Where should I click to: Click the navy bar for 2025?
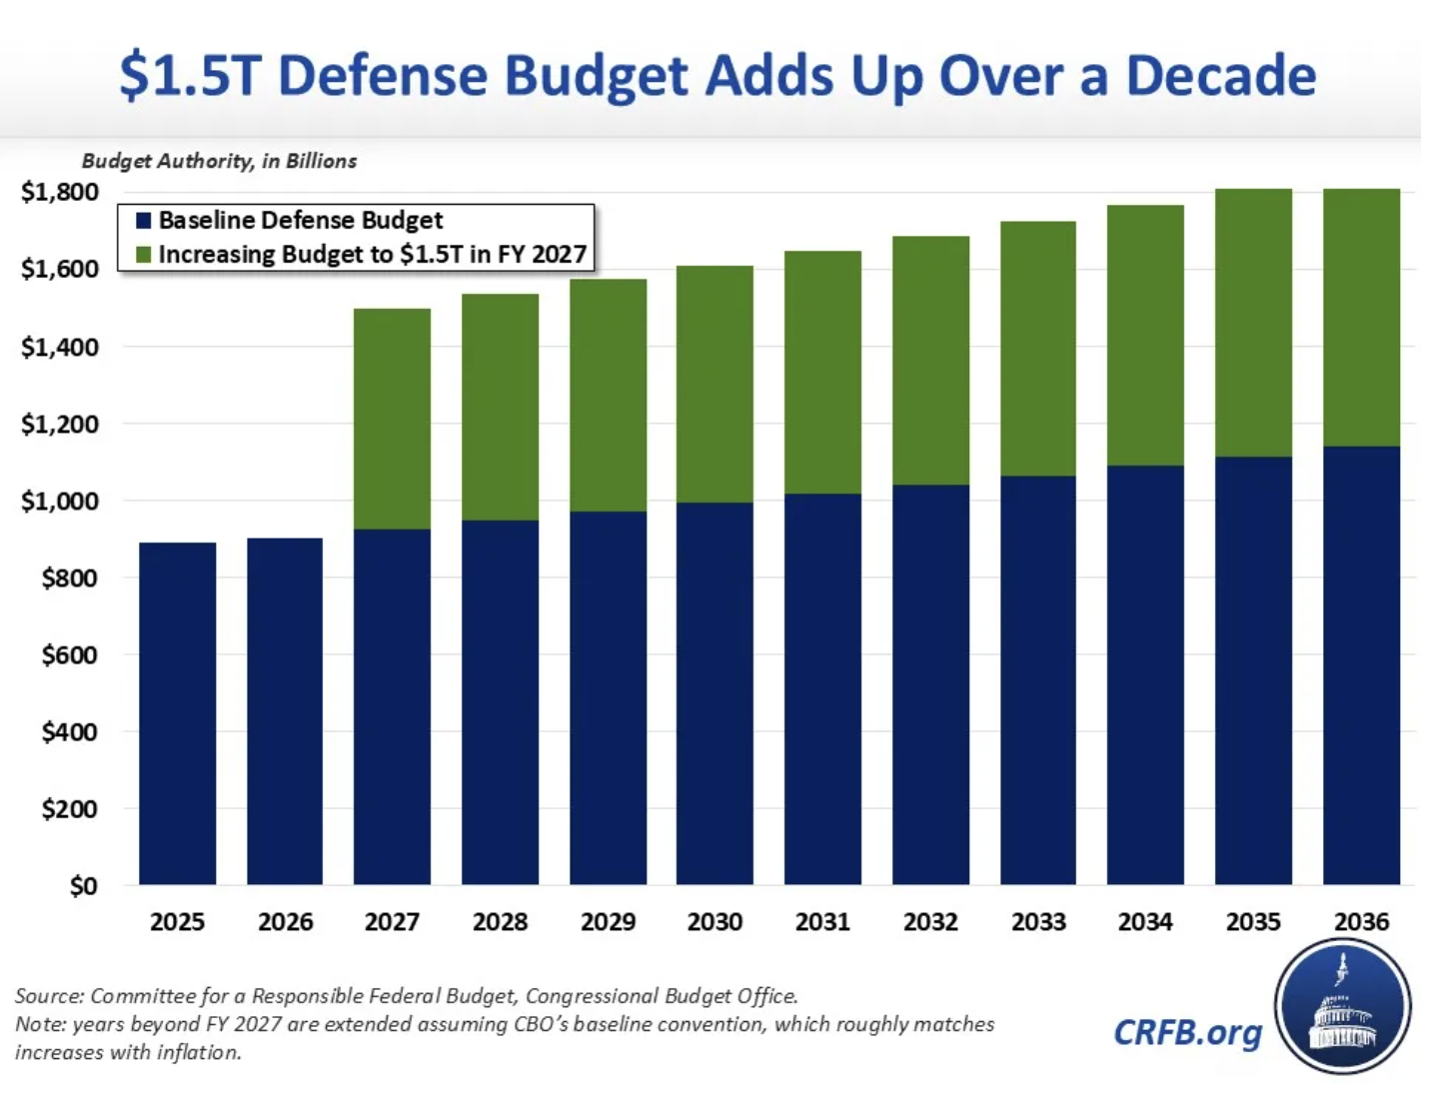pyautogui.click(x=177, y=713)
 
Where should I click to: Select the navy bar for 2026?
pyautogui.click(x=285, y=711)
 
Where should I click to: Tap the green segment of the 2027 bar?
pyautogui.click(x=392, y=419)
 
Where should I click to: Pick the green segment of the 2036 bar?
pyautogui.click(x=1361, y=317)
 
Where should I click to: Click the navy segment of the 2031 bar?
pyautogui.click(x=822, y=689)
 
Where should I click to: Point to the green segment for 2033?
pyautogui.click(x=1038, y=349)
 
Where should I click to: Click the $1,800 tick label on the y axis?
pyautogui.click(x=60, y=192)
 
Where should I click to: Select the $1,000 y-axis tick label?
pyautogui.click(x=60, y=501)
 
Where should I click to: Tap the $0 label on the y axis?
pyautogui.click(x=82, y=886)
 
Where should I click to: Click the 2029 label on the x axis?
pyautogui.click(x=608, y=922)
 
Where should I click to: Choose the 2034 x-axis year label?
pyautogui.click(x=1145, y=922)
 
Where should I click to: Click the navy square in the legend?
pyautogui.click(x=144, y=221)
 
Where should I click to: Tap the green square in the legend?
pyautogui.click(x=144, y=255)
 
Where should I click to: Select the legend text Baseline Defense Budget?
pyautogui.click(x=300, y=221)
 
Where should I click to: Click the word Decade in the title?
pyautogui.click(x=1221, y=76)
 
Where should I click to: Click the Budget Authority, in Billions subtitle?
pyautogui.click(x=219, y=161)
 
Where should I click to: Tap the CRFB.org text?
pyautogui.click(x=1187, y=1032)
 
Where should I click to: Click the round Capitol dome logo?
pyautogui.click(x=1342, y=1007)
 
